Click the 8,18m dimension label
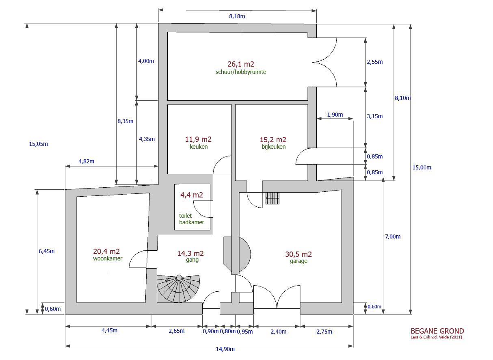(x=237, y=16)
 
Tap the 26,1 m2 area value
(x=241, y=64)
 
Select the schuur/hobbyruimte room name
(x=241, y=72)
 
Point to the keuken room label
(x=199, y=147)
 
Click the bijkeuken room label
(x=274, y=147)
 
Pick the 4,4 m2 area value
(x=192, y=195)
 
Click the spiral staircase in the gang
(x=178, y=288)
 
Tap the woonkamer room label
(x=108, y=258)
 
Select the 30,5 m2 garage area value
(x=298, y=254)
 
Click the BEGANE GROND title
(x=437, y=331)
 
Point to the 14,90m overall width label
(x=225, y=349)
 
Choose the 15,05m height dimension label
(x=39, y=144)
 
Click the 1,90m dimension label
(x=335, y=115)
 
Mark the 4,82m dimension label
(x=86, y=161)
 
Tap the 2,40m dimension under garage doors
(x=279, y=332)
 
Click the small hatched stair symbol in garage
(x=272, y=198)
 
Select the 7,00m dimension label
(x=393, y=237)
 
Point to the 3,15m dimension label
(x=374, y=116)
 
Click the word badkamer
(x=192, y=222)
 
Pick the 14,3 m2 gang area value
(x=190, y=254)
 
